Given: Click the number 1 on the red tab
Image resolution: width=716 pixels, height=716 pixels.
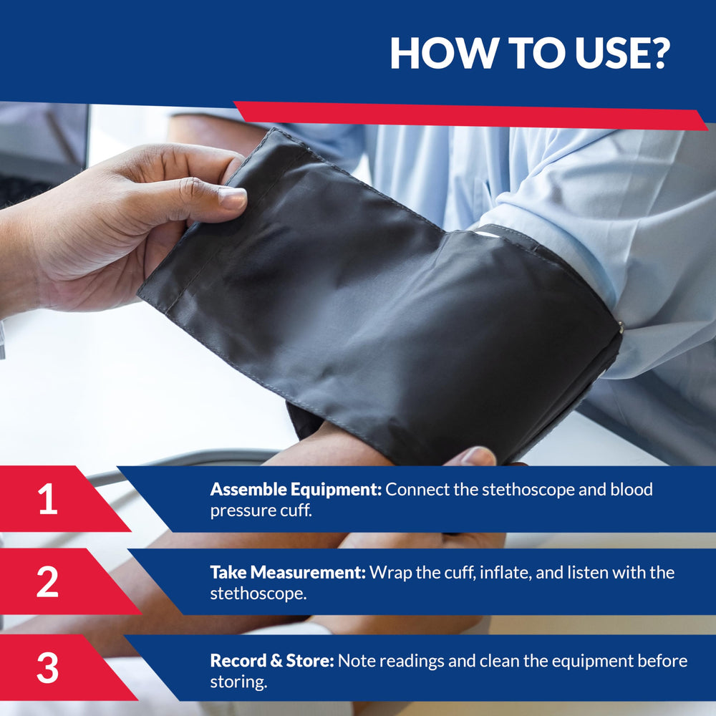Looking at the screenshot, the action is [x=48, y=498].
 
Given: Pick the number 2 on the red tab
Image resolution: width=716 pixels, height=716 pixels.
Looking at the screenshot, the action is [x=47, y=581].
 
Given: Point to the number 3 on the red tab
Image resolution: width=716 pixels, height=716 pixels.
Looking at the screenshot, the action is [x=47, y=667].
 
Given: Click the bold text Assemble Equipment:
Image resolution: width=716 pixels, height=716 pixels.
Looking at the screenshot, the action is [x=296, y=490].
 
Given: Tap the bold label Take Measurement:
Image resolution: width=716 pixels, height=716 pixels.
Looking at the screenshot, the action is [x=288, y=572].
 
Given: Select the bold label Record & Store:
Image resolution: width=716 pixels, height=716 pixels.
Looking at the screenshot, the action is [x=272, y=660].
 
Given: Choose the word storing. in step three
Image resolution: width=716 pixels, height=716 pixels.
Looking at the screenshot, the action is [x=238, y=682].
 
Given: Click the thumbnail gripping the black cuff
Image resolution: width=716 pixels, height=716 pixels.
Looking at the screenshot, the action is [x=233, y=198].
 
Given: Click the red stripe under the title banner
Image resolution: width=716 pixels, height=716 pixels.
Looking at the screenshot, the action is [x=470, y=115].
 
